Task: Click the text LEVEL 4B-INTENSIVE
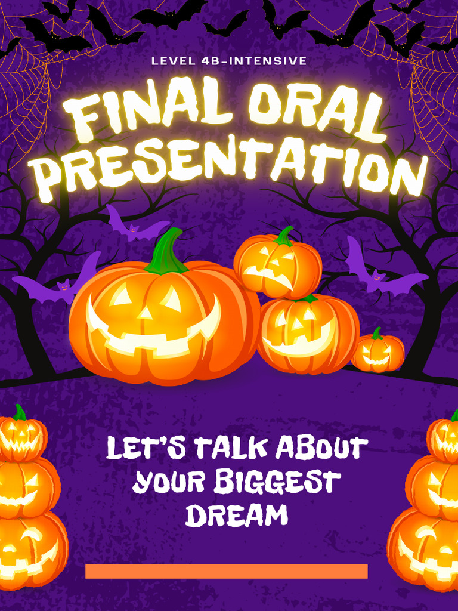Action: [229, 61]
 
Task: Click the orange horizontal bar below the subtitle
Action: [227, 571]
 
